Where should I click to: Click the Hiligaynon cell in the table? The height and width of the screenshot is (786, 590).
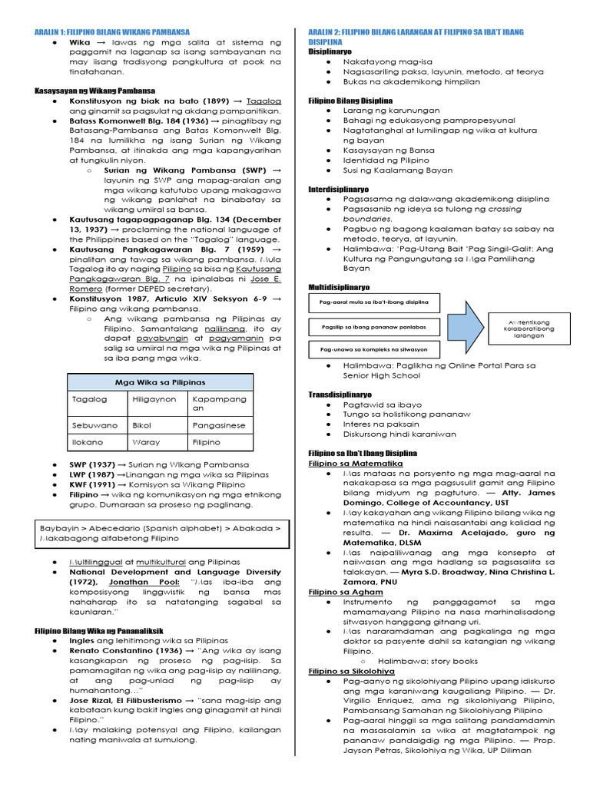[x=154, y=399]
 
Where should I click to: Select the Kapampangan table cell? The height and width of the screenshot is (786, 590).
[x=220, y=404]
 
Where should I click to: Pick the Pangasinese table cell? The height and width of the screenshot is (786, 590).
[x=219, y=424]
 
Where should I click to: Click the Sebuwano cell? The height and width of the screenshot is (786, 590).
[x=94, y=424]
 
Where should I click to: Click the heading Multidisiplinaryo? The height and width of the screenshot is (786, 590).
[x=339, y=287]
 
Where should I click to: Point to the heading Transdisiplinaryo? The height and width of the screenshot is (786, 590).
[x=338, y=394]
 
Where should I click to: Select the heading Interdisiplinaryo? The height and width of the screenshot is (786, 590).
[x=338, y=188]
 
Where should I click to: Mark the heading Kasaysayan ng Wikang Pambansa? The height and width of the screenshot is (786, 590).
[x=94, y=90]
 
